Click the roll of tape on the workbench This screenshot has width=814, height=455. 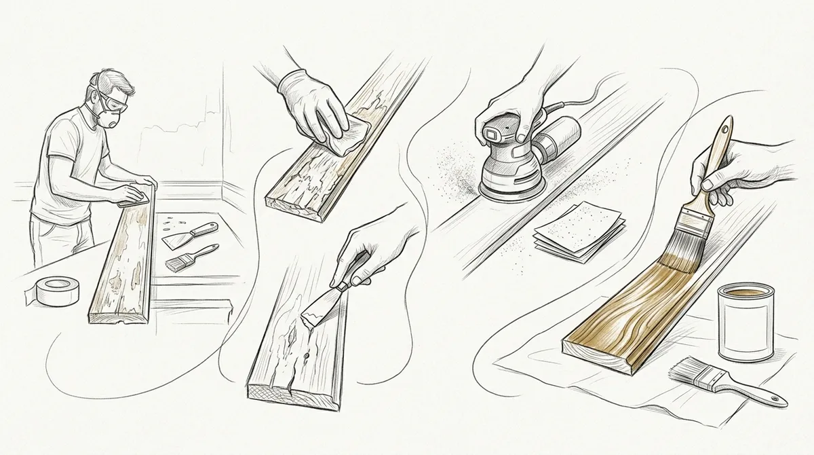coord(55,293)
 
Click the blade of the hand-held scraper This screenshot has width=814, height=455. coord(317,312)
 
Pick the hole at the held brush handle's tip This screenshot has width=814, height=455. coord(726,126)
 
